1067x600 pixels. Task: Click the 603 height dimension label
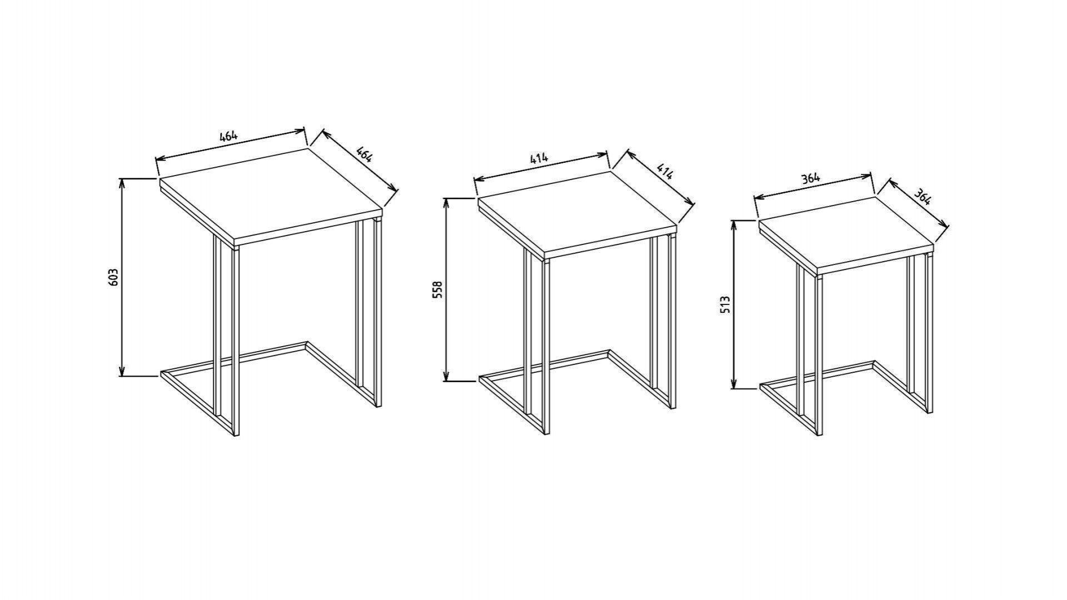tap(113, 277)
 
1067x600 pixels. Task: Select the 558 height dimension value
tap(437, 290)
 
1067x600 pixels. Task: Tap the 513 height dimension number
tap(725, 305)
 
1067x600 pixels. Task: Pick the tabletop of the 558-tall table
tap(577, 216)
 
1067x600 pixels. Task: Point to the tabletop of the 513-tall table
tap(846, 236)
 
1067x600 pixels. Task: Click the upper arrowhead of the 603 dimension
tap(122, 184)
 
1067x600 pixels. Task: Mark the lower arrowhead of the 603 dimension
tap(122, 371)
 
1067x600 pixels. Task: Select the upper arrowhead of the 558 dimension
tap(446, 204)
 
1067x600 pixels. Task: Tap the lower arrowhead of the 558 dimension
tap(446, 375)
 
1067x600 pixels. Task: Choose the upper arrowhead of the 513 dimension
tap(734, 227)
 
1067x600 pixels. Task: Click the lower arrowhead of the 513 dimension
tap(734, 382)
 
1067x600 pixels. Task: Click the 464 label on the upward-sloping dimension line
tap(228, 136)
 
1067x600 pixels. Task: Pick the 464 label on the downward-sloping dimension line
tap(363, 154)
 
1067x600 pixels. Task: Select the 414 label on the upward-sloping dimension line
tap(539, 158)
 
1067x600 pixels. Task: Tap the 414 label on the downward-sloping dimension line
tap(665, 172)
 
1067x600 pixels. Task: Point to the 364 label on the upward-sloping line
tap(811, 178)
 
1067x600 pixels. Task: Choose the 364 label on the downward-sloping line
tap(923, 197)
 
